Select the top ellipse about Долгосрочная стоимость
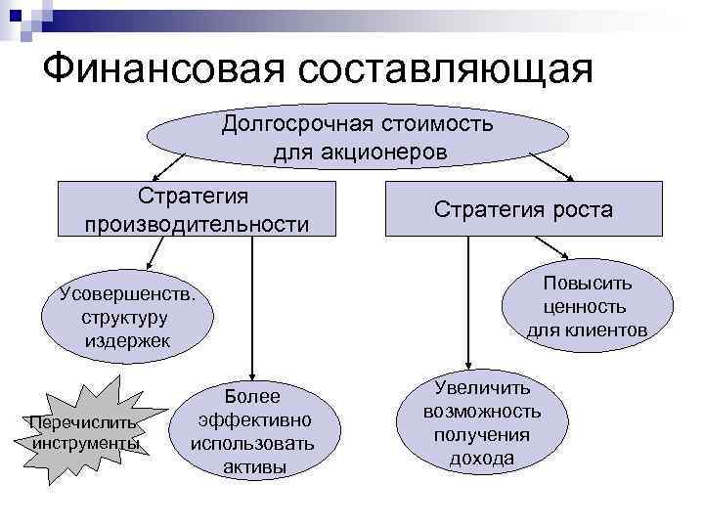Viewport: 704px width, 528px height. click(x=357, y=138)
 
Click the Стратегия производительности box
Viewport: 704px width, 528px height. click(x=197, y=208)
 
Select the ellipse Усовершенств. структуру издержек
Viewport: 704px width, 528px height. click(x=126, y=316)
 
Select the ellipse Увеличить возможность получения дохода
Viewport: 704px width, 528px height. click(x=482, y=423)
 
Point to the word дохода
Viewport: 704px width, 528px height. click(x=482, y=459)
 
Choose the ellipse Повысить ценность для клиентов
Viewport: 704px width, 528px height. click(x=587, y=307)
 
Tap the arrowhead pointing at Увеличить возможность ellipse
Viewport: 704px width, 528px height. click(x=471, y=371)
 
